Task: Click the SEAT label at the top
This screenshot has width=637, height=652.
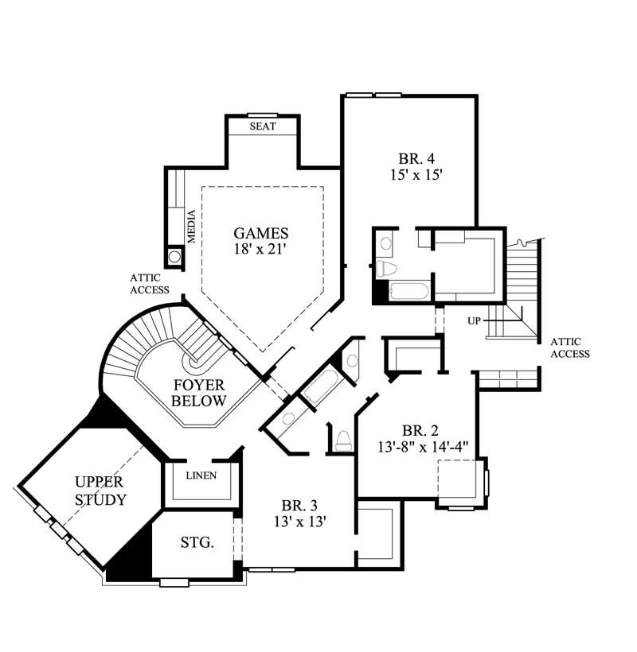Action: (263, 127)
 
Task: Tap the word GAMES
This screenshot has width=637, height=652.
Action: (260, 233)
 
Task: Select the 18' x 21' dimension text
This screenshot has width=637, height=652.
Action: (260, 250)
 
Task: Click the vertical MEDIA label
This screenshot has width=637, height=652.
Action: (192, 226)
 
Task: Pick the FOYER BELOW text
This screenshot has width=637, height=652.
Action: (199, 392)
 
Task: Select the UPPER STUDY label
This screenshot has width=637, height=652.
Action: (100, 491)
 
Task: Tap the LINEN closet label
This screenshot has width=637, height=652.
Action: (201, 475)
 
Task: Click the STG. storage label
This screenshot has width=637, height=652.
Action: (196, 543)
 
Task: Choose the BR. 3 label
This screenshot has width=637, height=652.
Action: (299, 506)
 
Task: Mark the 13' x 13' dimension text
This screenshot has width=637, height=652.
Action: (299, 522)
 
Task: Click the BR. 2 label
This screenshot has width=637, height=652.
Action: (420, 431)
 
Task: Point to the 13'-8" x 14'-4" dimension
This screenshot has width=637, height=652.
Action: (420, 448)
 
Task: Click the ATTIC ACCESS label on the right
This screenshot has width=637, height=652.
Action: (569, 347)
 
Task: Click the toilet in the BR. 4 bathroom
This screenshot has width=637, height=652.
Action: (385, 269)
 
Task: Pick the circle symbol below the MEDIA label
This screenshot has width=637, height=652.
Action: (174, 257)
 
